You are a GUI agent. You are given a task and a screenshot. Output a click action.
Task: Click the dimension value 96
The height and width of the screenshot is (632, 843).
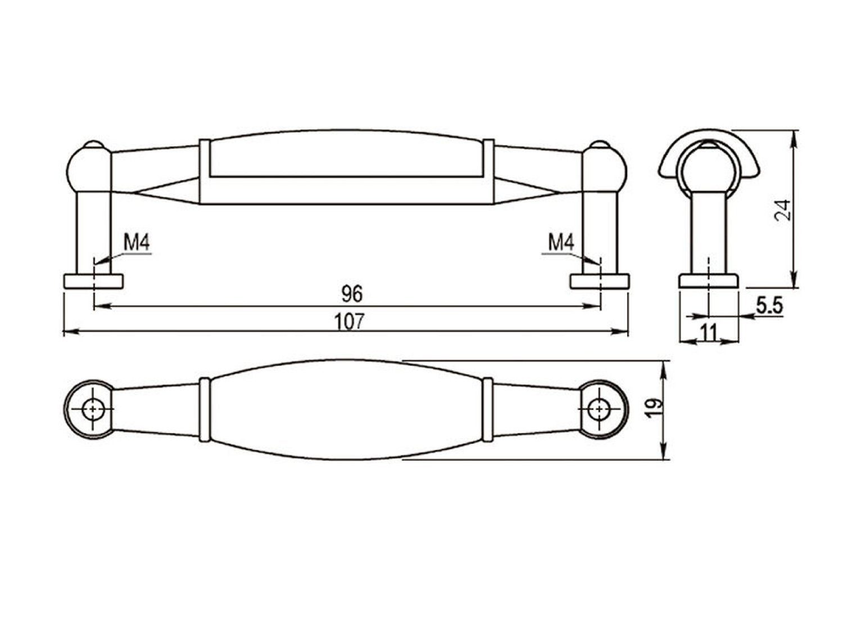(x=352, y=294)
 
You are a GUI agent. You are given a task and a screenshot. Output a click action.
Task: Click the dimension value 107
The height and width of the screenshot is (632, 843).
(x=348, y=321)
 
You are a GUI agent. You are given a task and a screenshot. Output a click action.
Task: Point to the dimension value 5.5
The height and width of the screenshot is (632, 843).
(x=769, y=306)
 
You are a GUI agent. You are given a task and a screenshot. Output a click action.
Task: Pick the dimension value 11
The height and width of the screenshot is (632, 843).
(x=709, y=333)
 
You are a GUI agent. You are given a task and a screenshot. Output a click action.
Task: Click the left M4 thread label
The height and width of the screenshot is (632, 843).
(x=137, y=243)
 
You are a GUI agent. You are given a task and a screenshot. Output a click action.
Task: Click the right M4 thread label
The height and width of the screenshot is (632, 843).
(x=561, y=243)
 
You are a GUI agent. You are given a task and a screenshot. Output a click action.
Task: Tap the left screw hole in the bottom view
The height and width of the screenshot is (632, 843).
(x=93, y=409)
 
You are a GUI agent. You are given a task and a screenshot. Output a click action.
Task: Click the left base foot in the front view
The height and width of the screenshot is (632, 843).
(x=93, y=281)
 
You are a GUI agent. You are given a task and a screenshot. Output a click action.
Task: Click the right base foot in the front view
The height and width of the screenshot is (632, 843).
(x=600, y=281)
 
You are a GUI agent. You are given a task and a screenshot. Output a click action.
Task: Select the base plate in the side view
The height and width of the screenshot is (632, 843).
(x=709, y=281)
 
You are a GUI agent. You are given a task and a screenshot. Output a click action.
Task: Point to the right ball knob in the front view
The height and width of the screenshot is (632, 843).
(x=605, y=169)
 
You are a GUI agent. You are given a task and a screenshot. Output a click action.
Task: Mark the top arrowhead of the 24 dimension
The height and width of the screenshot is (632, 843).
(x=794, y=139)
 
